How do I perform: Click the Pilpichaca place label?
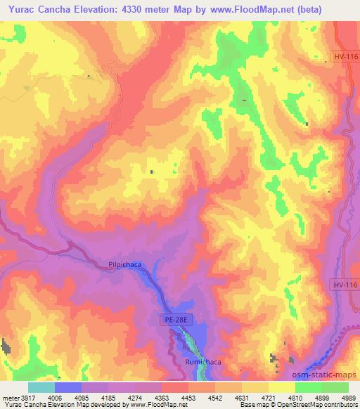125,265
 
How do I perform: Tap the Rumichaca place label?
202,362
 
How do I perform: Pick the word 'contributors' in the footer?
341,405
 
